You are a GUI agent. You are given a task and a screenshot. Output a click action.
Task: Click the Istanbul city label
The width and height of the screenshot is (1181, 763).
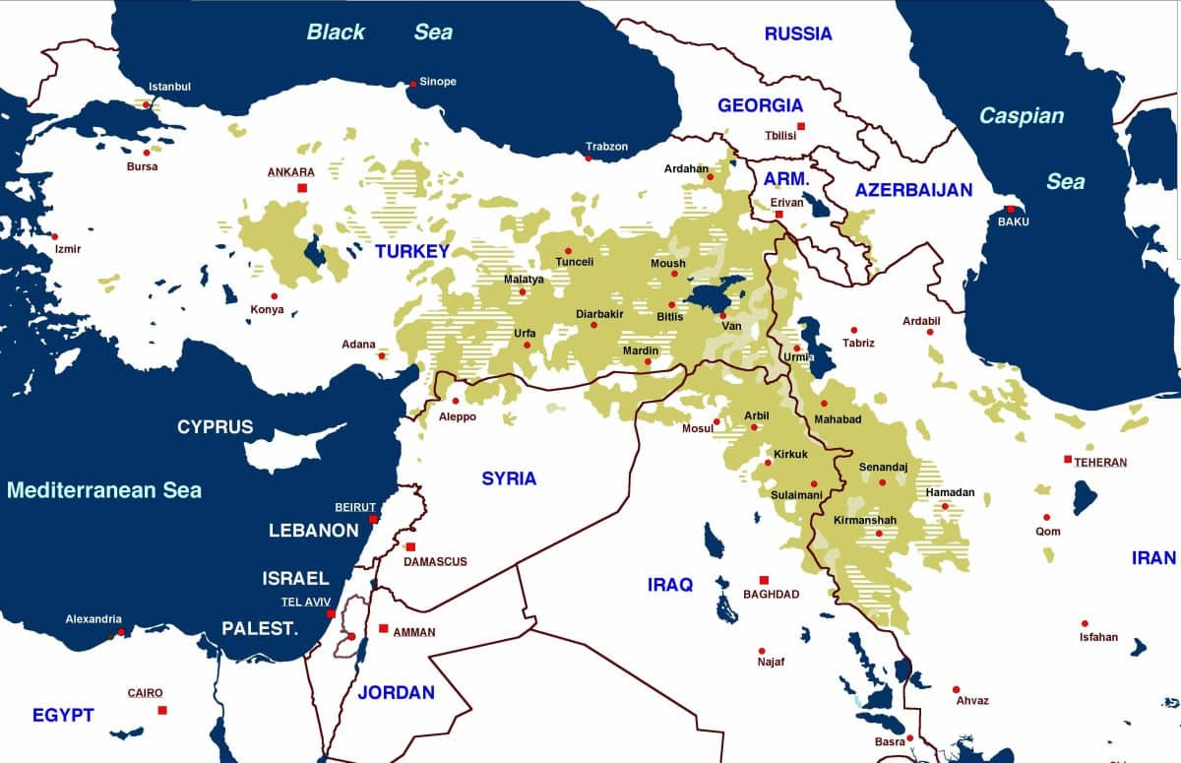click(169, 87)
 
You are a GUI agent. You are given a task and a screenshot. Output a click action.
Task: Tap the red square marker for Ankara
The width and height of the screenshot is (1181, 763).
click(302, 188)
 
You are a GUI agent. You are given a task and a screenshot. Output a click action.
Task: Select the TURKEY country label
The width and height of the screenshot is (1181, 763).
click(411, 251)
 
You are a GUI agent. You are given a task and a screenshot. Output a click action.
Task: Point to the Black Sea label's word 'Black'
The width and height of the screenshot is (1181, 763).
click(336, 32)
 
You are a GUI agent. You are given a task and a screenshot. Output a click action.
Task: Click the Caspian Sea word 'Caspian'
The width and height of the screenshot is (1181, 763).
click(1021, 116)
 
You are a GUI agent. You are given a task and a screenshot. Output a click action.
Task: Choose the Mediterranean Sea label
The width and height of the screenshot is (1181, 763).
click(103, 489)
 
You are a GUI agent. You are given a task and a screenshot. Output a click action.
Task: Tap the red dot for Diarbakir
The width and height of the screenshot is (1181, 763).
click(594, 325)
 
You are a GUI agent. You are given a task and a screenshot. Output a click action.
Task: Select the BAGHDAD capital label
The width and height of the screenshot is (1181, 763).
click(771, 594)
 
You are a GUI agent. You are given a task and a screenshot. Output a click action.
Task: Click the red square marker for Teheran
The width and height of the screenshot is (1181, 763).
click(1068, 460)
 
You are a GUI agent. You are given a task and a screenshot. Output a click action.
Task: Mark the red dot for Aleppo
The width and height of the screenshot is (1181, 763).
click(455, 401)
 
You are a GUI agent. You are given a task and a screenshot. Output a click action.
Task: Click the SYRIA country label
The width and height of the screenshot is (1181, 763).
click(509, 478)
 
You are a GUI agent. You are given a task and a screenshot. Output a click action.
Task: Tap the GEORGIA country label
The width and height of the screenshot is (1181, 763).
click(760, 105)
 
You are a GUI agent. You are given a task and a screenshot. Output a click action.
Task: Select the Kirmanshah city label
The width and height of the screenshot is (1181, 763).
click(865, 519)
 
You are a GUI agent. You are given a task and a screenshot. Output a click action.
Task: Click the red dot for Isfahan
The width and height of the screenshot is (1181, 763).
click(1085, 623)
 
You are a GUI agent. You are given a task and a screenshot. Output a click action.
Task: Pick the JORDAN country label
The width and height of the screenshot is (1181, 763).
click(396, 692)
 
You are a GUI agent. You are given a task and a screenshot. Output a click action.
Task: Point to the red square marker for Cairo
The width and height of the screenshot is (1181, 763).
click(162, 710)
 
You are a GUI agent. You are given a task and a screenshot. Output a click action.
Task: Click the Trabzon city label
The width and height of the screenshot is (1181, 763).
click(606, 147)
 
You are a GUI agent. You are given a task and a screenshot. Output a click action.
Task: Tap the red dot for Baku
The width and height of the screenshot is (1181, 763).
click(1010, 209)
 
